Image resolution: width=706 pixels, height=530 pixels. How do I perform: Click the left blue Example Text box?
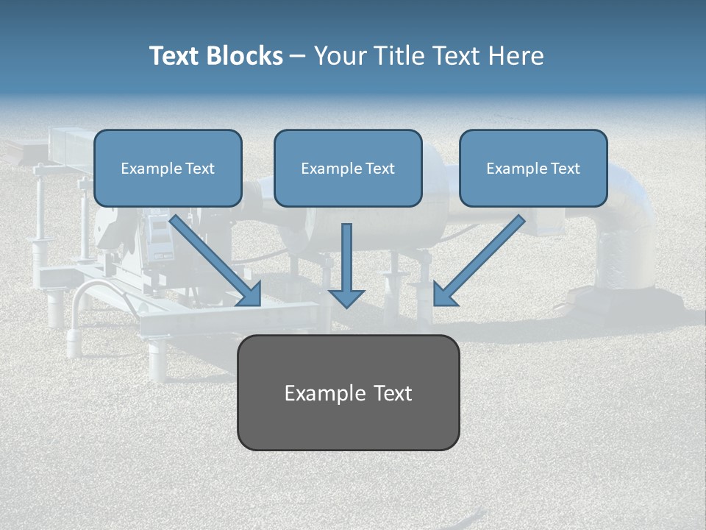(x=168, y=168)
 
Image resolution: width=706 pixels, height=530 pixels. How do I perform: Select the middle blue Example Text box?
(x=348, y=168)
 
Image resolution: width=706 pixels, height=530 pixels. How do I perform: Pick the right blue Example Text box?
(x=533, y=168)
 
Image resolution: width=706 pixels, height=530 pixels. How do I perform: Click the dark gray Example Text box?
(x=348, y=392)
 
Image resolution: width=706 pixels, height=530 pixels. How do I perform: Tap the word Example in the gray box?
(x=320, y=393)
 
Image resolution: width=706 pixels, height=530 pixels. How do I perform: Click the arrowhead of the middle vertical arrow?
(x=346, y=297)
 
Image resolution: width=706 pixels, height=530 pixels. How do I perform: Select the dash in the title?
(x=298, y=57)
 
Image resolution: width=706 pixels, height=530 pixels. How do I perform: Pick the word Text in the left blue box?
(x=199, y=169)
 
